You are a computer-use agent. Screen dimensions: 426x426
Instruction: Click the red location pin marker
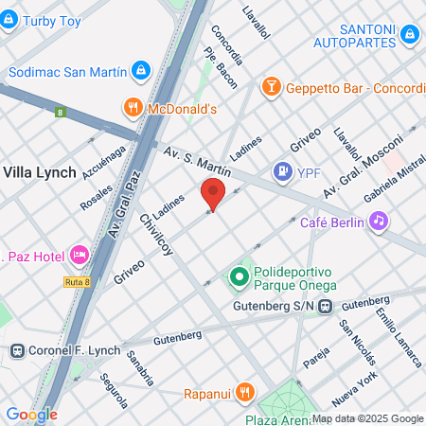tap(213, 194)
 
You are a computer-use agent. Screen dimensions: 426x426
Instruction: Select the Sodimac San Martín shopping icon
tap(140, 71)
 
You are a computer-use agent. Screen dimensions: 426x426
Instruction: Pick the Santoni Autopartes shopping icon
tap(410, 34)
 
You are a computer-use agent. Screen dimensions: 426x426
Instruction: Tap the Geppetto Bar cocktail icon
tap(272, 87)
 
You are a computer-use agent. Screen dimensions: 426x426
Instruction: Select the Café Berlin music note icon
tap(378, 222)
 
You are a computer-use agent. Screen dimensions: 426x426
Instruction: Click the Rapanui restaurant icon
tap(244, 390)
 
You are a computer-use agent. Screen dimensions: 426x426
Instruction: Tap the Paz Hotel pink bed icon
tap(79, 255)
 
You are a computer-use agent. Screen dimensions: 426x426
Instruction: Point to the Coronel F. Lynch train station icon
tap(16, 349)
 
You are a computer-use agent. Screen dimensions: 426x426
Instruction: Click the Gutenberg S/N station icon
tap(325, 306)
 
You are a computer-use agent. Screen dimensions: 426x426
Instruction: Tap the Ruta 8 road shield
tap(80, 281)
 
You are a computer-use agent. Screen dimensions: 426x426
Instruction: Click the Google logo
tap(30, 414)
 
